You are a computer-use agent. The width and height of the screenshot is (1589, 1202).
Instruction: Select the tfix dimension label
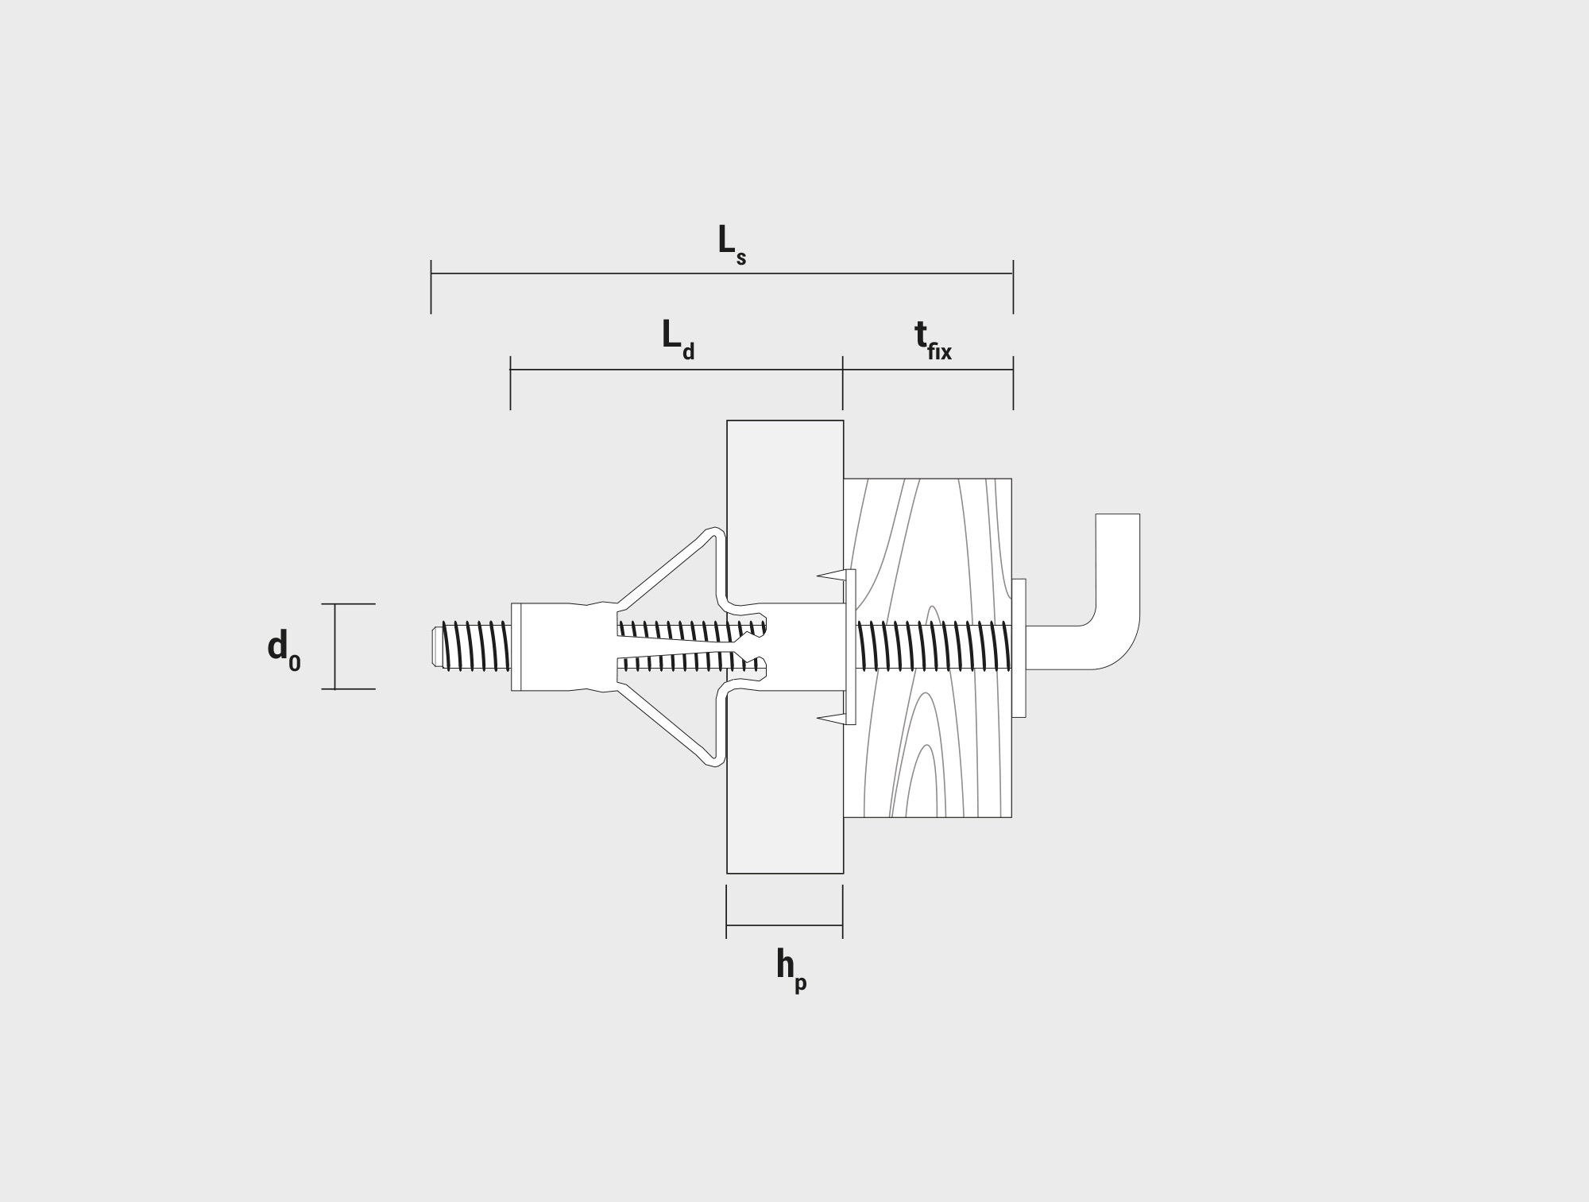(933, 341)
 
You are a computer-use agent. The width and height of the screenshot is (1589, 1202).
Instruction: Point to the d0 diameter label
(284, 650)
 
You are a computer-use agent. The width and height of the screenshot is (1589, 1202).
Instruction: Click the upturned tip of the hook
(1118, 516)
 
